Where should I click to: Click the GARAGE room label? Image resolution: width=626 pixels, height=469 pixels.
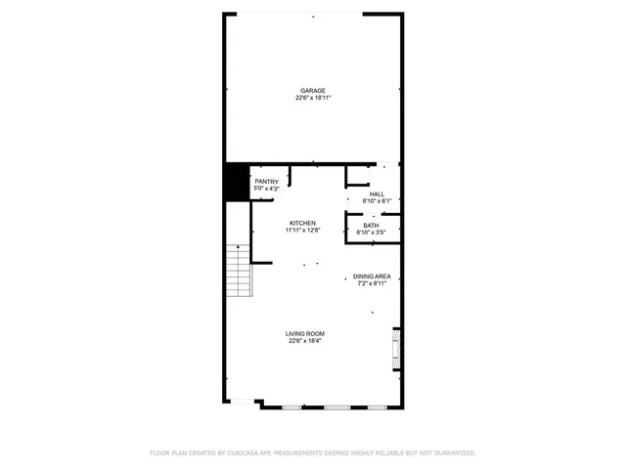coord(313,90)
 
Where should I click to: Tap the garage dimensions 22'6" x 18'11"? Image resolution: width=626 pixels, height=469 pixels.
coord(313,98)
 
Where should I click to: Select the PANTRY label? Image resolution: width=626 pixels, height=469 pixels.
coord(267,181)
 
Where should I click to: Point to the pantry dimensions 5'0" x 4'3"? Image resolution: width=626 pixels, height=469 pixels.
coord(267,188)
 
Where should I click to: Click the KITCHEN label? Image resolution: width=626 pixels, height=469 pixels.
coord(301,223)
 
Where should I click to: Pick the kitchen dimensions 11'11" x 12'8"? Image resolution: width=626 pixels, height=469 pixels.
coord(303,231)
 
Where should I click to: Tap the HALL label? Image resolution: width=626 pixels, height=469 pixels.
coord(377,193)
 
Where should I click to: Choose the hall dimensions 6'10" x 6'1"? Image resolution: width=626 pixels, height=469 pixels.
coord(377,201)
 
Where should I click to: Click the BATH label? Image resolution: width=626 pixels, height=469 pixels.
coord(371,226)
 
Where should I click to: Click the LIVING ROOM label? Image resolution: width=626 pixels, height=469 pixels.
coord(305,334)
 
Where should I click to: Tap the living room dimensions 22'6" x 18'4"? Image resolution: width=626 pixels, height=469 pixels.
coord(305,342)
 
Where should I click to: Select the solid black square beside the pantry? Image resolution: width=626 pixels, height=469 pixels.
coord(236,182)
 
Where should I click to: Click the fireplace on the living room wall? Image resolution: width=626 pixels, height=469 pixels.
coord(396,348)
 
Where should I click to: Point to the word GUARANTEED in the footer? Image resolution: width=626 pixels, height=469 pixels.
coord(454,453)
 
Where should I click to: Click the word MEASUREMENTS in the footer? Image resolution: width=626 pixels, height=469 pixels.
coord(307,453)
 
